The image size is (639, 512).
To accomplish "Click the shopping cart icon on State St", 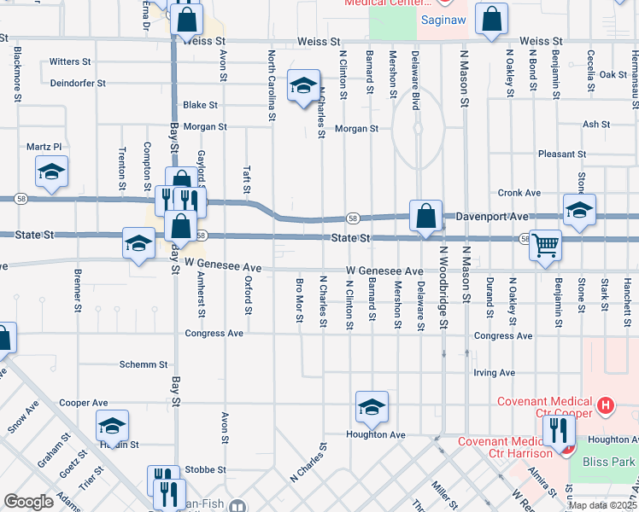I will coord(544,246).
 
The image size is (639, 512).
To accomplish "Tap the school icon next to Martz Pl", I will coord(51,172).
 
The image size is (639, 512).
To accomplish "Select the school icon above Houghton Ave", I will coord(372,409).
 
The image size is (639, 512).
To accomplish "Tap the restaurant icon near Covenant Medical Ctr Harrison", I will coord(559,431).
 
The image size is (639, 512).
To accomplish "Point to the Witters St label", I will coord(70,62).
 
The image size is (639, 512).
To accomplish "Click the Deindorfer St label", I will coord(77,84).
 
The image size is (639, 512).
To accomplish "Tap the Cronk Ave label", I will coord(520,193).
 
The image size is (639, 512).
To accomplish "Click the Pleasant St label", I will coord(562,154).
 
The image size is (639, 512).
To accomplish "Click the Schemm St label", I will coord(144,364).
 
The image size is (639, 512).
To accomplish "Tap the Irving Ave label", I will coord(495,373).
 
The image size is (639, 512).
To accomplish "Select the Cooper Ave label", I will coord(84,402).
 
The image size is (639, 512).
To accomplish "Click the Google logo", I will coord(29,501).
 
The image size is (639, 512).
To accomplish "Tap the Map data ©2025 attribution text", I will coord(602,505).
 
